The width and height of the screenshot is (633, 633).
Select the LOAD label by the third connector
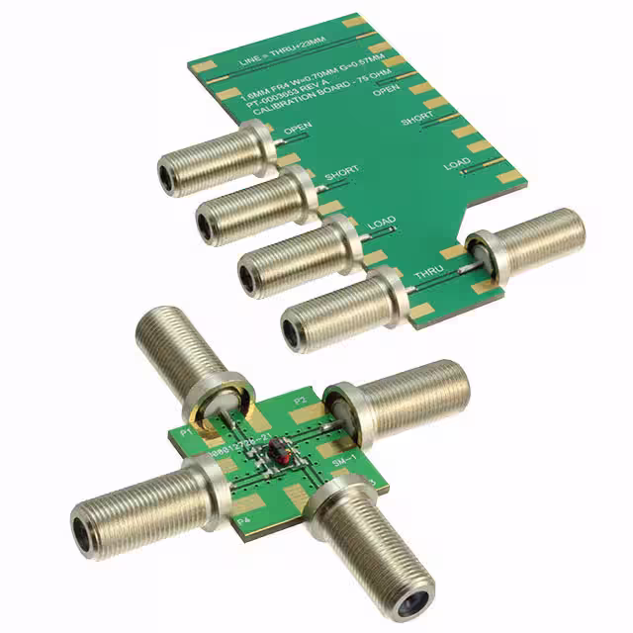pos(382,226)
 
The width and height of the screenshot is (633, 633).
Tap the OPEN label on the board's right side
pos(387,90)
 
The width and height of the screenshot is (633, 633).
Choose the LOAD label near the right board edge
pos(457,165)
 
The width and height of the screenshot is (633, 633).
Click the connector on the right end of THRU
pos(524,243)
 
